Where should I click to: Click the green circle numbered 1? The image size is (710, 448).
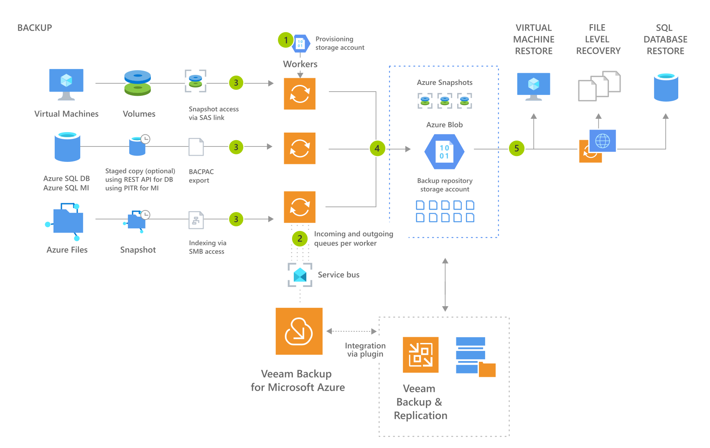(x=286, y=40)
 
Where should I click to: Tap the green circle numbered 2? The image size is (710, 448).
(x=300, y=239)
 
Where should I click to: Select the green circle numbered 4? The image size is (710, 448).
(x=377, y=148)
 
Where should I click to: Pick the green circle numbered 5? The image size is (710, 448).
(x=517, y=148)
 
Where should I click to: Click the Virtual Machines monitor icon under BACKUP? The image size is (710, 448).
(x=66, y=84)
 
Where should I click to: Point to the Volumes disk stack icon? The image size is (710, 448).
(x=137, y=83)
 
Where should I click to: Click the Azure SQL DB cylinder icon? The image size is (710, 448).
(x=67, y=147)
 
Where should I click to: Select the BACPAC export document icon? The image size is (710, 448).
(x=196, y=147)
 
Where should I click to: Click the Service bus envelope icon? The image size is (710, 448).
(x=300, y=275)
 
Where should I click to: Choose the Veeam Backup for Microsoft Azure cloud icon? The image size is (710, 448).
(x=299, y=331)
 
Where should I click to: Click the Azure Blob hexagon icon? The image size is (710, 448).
(x=444, y=151)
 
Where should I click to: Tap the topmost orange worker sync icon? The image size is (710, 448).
(x=300, y=94)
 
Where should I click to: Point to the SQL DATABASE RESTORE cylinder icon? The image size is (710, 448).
(x=666, y=87)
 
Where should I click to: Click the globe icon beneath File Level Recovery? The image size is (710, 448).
(x=602, y=141)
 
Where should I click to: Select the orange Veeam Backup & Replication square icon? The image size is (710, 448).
(x=420, y=355)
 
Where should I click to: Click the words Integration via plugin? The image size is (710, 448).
(x=365, y=350)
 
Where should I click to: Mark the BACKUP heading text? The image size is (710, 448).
(x=35, y=28)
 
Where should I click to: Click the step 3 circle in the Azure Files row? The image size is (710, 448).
(x=236, y=219)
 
